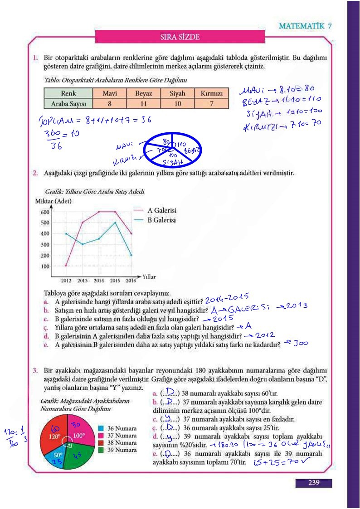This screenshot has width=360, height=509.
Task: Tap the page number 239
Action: pyautogui.click(x=313, y=483)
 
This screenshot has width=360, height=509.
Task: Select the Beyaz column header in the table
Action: pyautogui.click(x=143, y=94)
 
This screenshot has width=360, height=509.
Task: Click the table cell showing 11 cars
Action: pyautogui.click(x=143, y=104)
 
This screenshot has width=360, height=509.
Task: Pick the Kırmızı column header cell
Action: pyautogui.click(x=211, y=94)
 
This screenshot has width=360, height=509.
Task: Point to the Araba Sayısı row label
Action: pyautogui.click(x=68, y=104)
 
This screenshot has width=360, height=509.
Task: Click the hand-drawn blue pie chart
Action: pyautogui.click(x=172, y=150)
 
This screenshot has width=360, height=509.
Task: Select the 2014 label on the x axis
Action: pyautogui.click(x=99, y=281)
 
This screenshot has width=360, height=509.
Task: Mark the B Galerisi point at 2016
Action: pyautogui.click(x=131, y=255)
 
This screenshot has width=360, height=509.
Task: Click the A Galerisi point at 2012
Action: pyautogui.click(x=66, y=266)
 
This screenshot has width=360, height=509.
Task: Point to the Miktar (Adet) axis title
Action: pyautogui.click(x=53, y=201)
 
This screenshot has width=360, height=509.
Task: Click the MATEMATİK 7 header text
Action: pyautogui.click(x=305, y=26)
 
